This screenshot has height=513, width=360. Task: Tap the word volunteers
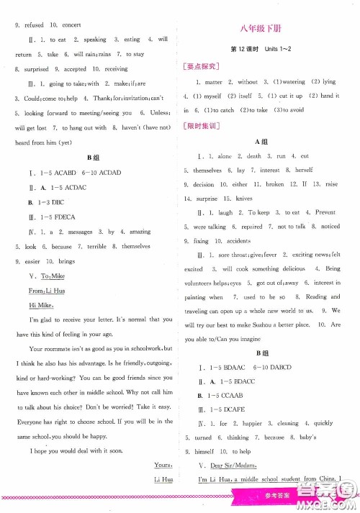pos(206,283)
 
